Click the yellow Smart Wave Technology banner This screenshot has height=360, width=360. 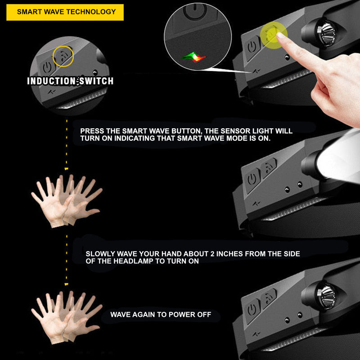(65, 12)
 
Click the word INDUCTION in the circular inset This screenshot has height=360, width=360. (51, 81)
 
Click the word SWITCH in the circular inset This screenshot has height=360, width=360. (96, 81)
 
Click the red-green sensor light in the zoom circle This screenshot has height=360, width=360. (194, 57)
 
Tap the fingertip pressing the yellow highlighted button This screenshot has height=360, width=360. (280, 36)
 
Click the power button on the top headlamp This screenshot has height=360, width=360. (252, 48)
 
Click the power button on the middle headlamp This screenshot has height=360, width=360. (252, 179)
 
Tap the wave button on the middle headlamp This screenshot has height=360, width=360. (268, 167)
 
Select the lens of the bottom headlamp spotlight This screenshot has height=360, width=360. (326, 295)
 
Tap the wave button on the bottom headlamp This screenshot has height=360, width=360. (268, 298)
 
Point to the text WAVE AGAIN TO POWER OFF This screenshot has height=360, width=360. (161, 315)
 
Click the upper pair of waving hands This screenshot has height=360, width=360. (67, 201)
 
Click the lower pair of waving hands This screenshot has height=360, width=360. (67, 317)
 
